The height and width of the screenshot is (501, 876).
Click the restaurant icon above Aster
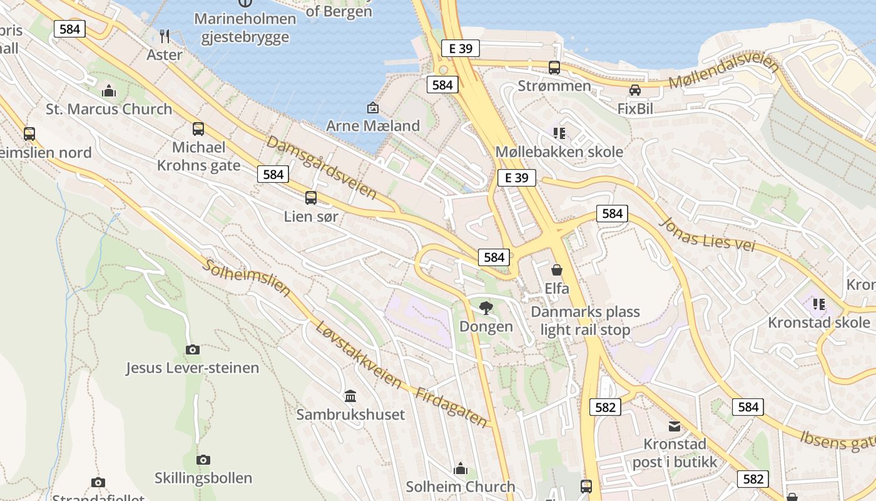(165, 36)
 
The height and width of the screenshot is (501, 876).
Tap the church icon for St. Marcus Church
(109, 91)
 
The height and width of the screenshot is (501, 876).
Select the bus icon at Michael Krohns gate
(198, 129)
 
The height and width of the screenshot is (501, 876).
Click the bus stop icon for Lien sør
(311, 198)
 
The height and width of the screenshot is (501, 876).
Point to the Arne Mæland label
(373, 125)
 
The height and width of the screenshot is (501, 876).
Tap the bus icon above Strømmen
(554, 68)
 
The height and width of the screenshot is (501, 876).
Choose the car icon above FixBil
(635, 90)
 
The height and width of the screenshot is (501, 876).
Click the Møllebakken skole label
(559, 152)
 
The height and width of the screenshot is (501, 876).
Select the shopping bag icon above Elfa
(557, 270)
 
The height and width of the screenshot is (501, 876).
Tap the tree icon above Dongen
(486, 307)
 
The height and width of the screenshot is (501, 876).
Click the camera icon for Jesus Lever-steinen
(193, 349)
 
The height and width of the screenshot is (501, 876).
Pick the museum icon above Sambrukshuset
(350, 396)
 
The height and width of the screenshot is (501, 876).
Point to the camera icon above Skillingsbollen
(203, 460)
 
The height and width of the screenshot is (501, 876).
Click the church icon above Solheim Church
(461, 468)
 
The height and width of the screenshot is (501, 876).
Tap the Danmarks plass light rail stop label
(585, 321)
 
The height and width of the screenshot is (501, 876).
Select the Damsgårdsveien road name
(322, 167)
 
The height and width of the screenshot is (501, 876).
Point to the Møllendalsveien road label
(724, 74)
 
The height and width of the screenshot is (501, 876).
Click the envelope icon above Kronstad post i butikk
(675, 426)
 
